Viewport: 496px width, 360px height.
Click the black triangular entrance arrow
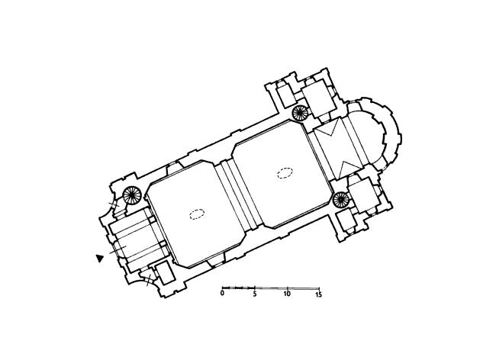coord(100,259)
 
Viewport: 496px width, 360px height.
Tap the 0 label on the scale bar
coord(222,294)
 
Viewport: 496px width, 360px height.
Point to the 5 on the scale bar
coord(255,294)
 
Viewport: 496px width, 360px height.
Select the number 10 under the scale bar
coord(287,294)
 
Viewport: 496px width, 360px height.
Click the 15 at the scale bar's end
coord(318,294)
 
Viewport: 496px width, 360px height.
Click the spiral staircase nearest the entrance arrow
coord(131,195)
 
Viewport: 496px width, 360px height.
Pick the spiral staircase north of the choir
coord(300,113)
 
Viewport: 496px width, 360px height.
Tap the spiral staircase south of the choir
coord(341,200)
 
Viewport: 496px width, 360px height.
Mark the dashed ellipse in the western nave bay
coord(197,214)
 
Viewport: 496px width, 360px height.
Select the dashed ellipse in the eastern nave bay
coord(285,173)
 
